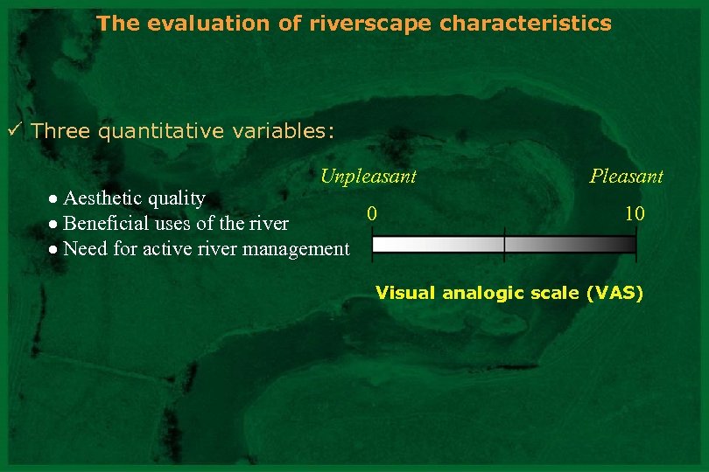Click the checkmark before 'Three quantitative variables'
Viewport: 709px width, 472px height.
pyautogui.click(x=14, y=131)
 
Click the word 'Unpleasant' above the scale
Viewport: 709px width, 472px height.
pyautogui.click(x=368, y=177)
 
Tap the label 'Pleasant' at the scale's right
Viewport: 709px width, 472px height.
pyautogui.click(x=626, y=177)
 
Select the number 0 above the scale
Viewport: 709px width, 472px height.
pyautogui.click(x=373, y=212)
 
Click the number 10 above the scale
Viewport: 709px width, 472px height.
pyautogui.click(x=635, y=212)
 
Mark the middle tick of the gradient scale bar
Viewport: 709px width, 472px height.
pyautogui.click(x=504, y=245)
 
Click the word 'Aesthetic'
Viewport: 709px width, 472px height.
pyautogui.click(x=103, y=198)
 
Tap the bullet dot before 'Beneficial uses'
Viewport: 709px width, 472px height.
pyautogui.click(x=54, y=225)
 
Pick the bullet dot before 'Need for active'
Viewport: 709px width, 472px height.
pyautogui.click(x=54, y=250)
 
